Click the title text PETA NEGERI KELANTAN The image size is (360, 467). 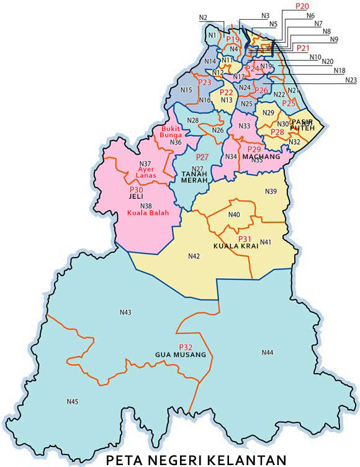(196, 460)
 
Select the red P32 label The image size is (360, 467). (185, 347)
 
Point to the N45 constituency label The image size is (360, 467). (73, 402)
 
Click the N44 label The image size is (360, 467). (267, 353)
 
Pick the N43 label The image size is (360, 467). (125, 312)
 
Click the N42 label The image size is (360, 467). (194, 256)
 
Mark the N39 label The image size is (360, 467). (271, 191)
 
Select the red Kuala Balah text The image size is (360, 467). (148, 213)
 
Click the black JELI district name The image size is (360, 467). (136, 196)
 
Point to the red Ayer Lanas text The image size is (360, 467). (147, 172)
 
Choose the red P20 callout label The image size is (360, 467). (302, 6)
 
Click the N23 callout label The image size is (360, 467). (351, 79)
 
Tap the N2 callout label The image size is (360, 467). (203, 17)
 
